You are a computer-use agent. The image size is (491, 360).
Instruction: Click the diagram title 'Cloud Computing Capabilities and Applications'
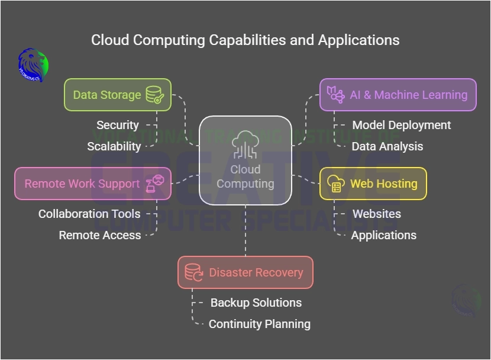(x=245, y=40)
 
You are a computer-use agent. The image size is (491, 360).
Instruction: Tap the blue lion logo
(x=33, y=65)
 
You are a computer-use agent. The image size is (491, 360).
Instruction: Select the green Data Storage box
(x=118, y=95)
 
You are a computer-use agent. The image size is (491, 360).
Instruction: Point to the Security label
(x=118, y=125)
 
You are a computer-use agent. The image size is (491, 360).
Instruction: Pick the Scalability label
(x=114, y=146)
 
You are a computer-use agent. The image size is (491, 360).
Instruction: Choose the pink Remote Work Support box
(x=93, y=184)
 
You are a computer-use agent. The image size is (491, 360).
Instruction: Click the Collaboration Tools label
(x=89, y=214)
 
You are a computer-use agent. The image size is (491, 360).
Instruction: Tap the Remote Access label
(x=100, y=235)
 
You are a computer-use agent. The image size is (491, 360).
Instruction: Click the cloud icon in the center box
(x=245, y=144)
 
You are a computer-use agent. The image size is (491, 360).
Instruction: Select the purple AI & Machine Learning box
(x=398, y=95)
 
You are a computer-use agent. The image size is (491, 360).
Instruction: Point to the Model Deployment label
(x=402, y=125)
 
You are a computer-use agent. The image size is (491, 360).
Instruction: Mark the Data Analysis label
(x=387, y=146)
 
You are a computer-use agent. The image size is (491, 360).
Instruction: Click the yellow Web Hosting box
(x=373, y=184)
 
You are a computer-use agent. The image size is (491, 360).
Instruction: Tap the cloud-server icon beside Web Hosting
(x=335, y=184)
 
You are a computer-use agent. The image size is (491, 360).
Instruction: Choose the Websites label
(x=377, y=214)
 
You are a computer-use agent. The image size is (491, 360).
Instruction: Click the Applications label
(x=384, y=235)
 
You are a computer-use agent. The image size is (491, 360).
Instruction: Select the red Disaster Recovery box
(x=246, y=272)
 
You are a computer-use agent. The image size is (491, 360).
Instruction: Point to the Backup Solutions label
(x=256, y=303)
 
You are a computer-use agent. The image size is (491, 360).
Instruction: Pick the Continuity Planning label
(x=260, y=324)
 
